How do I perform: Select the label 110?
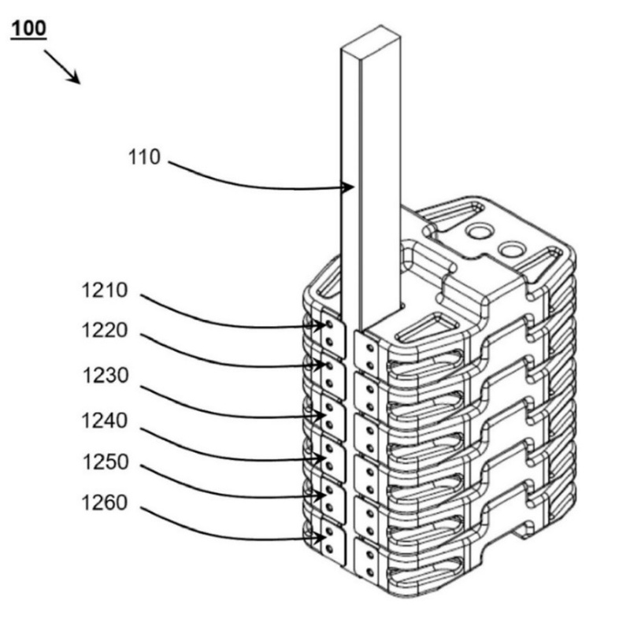click(x=144, y=157)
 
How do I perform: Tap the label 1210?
click(x=103, y=290)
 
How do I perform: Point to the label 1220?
click(x=103, y=331)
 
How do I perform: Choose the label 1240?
click(x=103, y=421)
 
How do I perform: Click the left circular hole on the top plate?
click(x=478, y=232)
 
